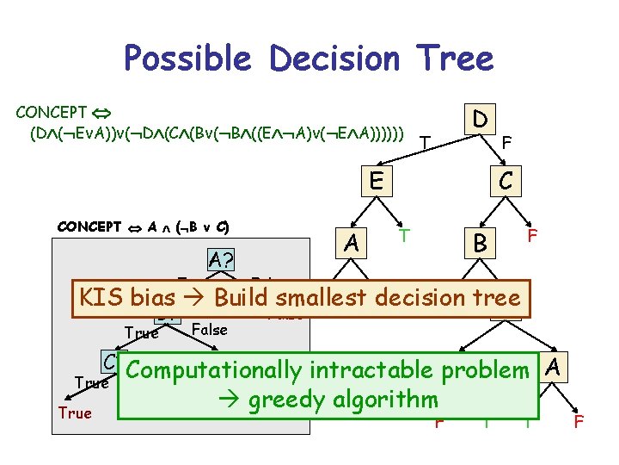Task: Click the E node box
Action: point(374,182)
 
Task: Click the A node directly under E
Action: point(351,245)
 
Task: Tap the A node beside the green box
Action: point(555,368)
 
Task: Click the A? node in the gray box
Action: point(222,259)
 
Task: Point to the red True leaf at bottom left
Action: point(75,413)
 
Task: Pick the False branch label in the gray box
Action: point(210,330)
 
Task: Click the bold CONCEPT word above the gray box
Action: point(89,226)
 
